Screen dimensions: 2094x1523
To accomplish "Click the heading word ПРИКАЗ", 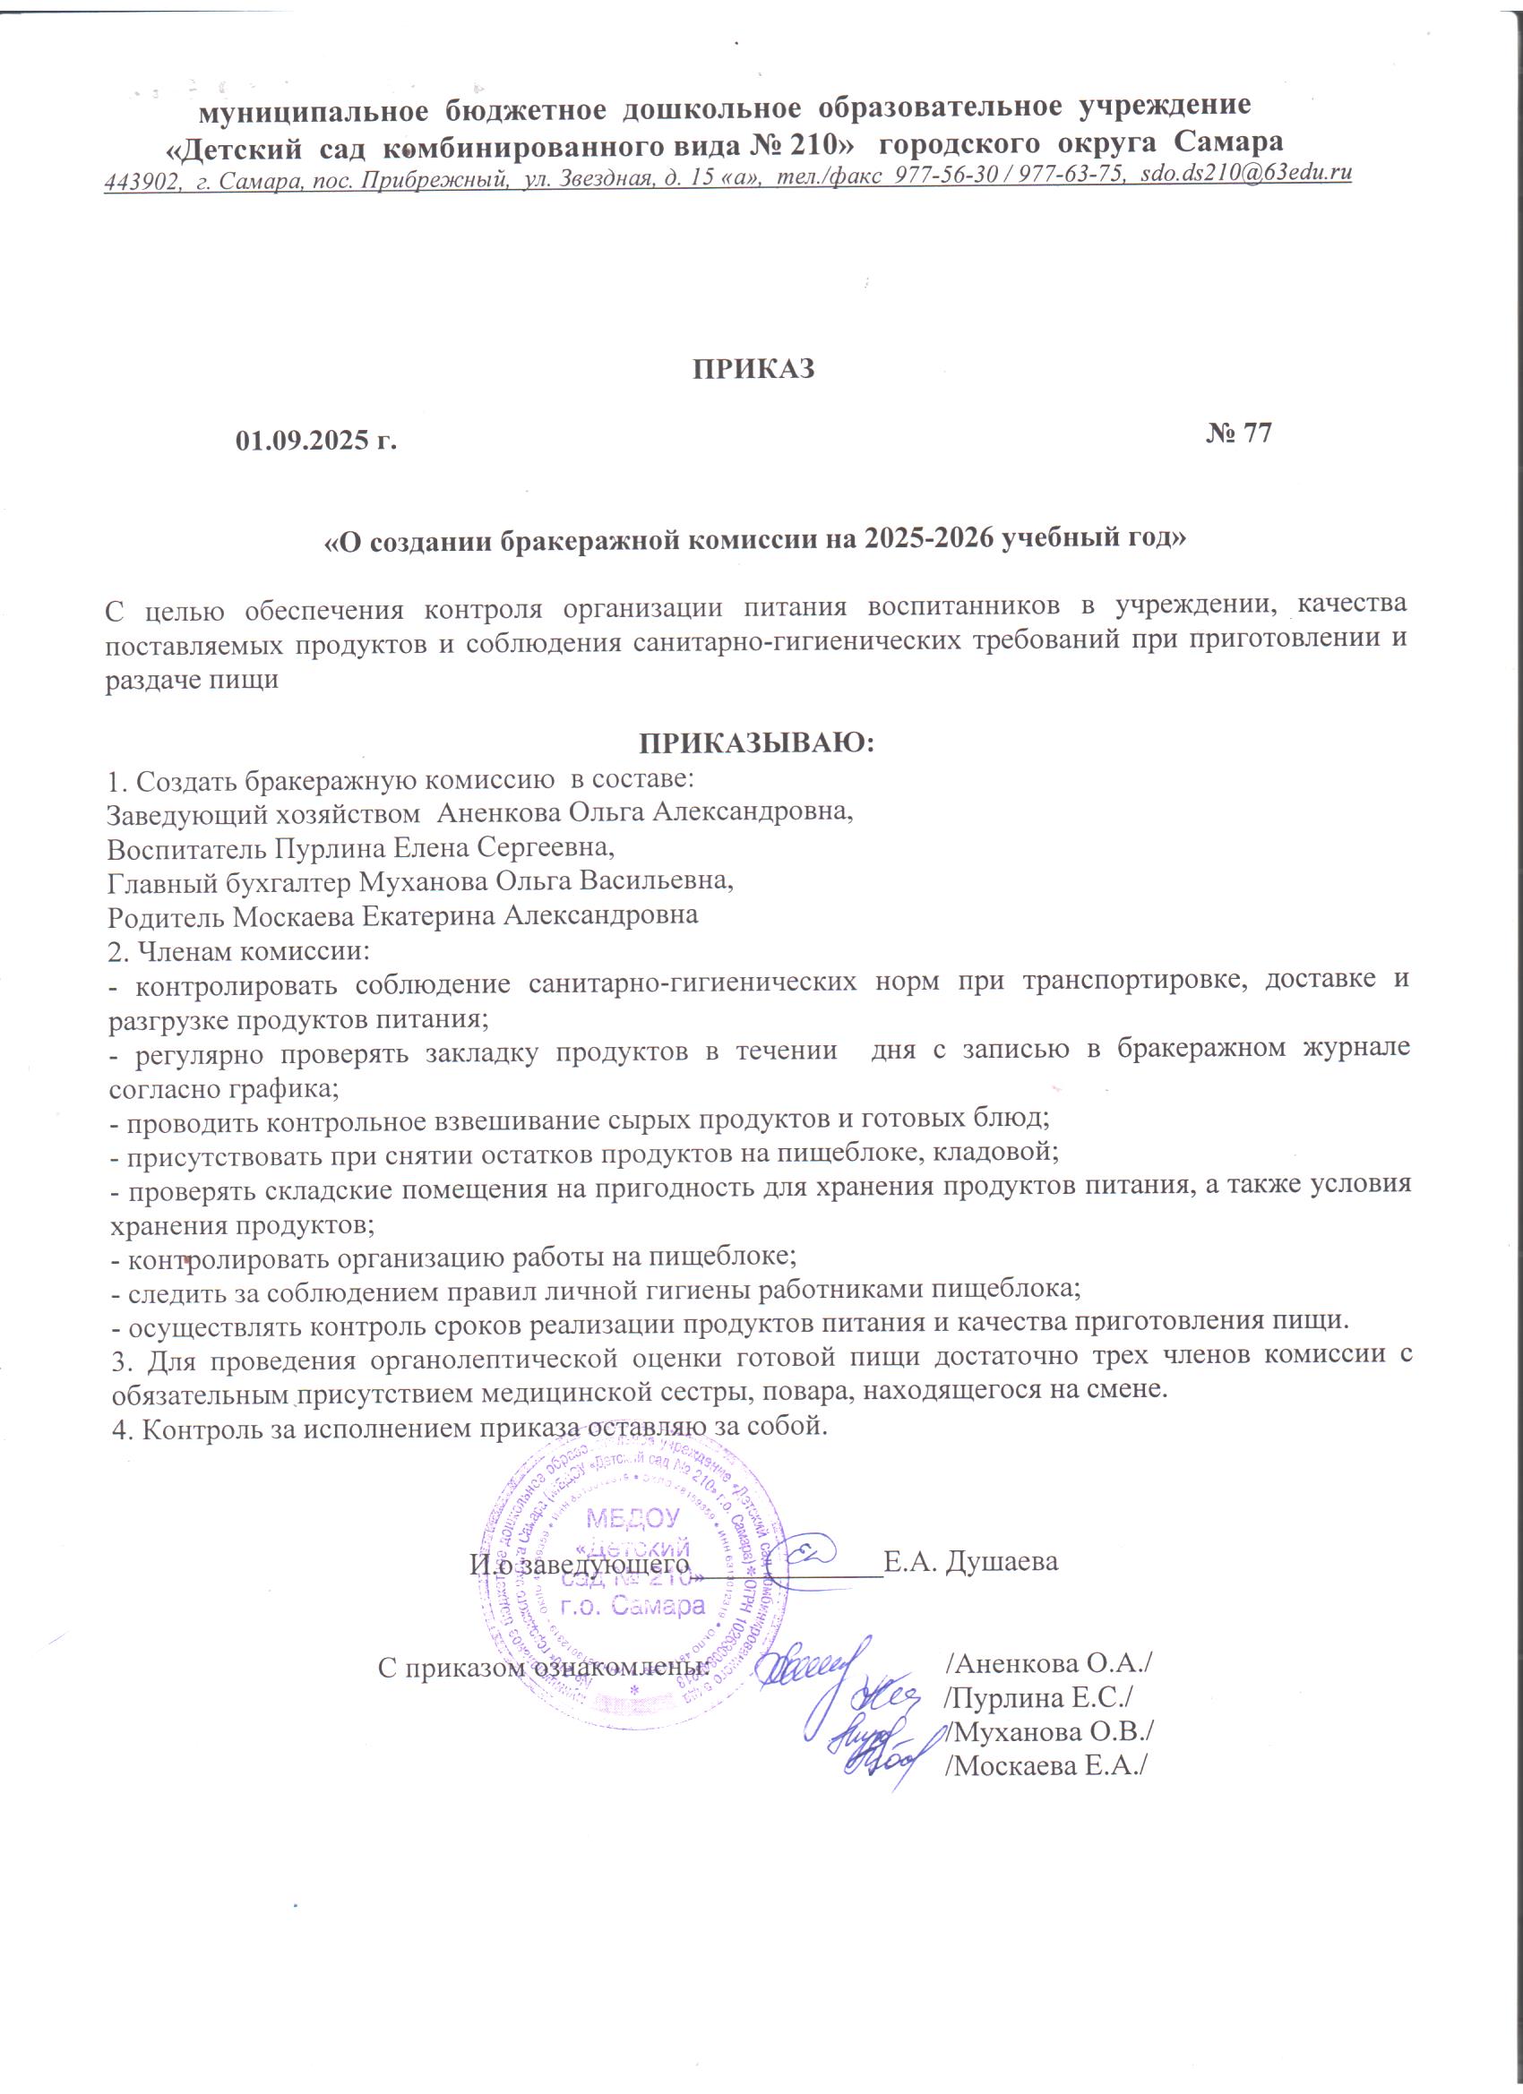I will tap(755, 368).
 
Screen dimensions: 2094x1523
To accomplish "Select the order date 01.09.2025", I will tap(305, 441).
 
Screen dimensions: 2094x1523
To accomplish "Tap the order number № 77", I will tap(1238, 434).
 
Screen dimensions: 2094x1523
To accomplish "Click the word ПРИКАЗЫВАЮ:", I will tap(756, 744).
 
